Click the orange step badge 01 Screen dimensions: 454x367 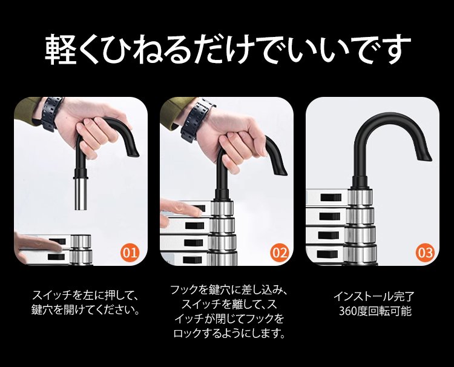coord(130,253)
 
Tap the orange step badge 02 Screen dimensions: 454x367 coord(280,253)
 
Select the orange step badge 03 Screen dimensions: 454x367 coord(426,253)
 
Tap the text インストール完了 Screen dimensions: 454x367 coord(374,296)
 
